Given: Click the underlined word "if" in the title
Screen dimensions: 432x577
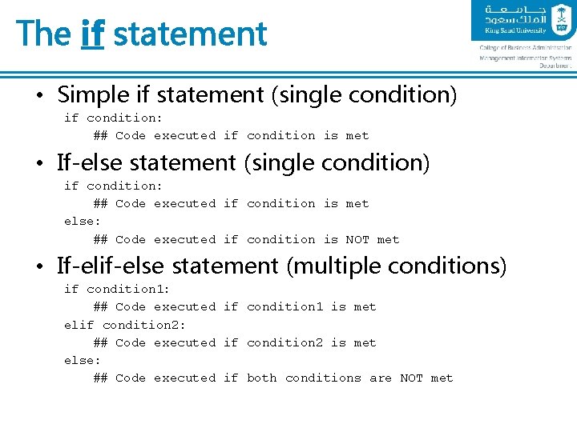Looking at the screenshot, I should (x=93, y=34).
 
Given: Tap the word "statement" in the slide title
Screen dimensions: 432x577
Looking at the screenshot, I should (x=190, y=34).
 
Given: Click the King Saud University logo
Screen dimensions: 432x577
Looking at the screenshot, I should (x=522, y=21).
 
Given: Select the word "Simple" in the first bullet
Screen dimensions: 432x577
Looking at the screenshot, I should (x=94, y=95).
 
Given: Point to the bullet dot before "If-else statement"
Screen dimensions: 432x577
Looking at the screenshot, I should (x=38, y=164).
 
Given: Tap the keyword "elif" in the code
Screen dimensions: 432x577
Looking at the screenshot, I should (x=79, y=325).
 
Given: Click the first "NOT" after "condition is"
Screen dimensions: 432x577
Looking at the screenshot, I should (x=357, y=239).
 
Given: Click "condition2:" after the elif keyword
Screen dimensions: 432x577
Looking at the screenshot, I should (x=144, y=325).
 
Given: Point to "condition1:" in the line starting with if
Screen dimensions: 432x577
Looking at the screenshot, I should (x=128, y=289).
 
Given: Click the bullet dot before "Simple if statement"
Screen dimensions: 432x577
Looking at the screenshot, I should (x=38, y=96).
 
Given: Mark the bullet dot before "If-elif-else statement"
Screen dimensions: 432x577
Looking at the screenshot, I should (x=38, y=266).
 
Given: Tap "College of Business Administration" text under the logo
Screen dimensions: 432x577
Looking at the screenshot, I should (x=526, y=48).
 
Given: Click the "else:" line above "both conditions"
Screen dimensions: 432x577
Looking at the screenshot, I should (x=83, y=360).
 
